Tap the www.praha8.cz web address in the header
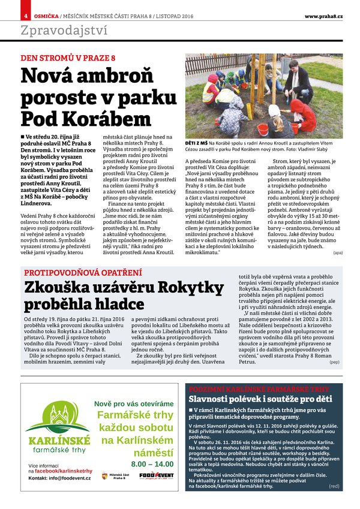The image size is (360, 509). click(x=323, y=16)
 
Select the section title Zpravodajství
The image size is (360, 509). click(x=64, y=31)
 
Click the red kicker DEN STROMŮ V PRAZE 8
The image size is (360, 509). click(x=68, y=58)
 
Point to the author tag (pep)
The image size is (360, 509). click(x=334, y=362)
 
